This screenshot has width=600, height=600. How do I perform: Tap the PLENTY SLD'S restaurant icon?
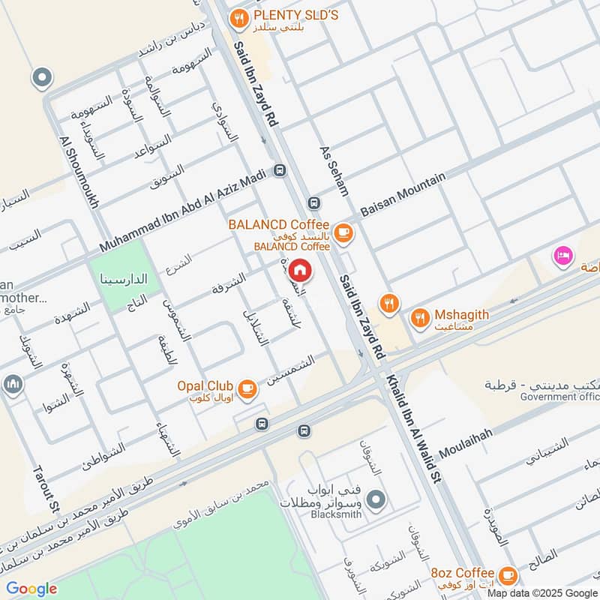coord(239,19)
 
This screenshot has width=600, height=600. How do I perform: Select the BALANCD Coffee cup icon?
coord(343,234)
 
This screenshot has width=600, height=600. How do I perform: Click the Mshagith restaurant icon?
coord(420,320)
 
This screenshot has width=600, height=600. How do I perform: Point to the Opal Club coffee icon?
coord(248,388)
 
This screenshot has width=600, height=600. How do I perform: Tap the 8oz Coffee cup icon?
coord(508,575)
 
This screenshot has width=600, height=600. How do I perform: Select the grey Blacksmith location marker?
coord(377,498)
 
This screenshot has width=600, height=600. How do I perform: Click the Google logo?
coord(31,589)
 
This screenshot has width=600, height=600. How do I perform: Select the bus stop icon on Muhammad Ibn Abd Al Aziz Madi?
coord(280,170)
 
